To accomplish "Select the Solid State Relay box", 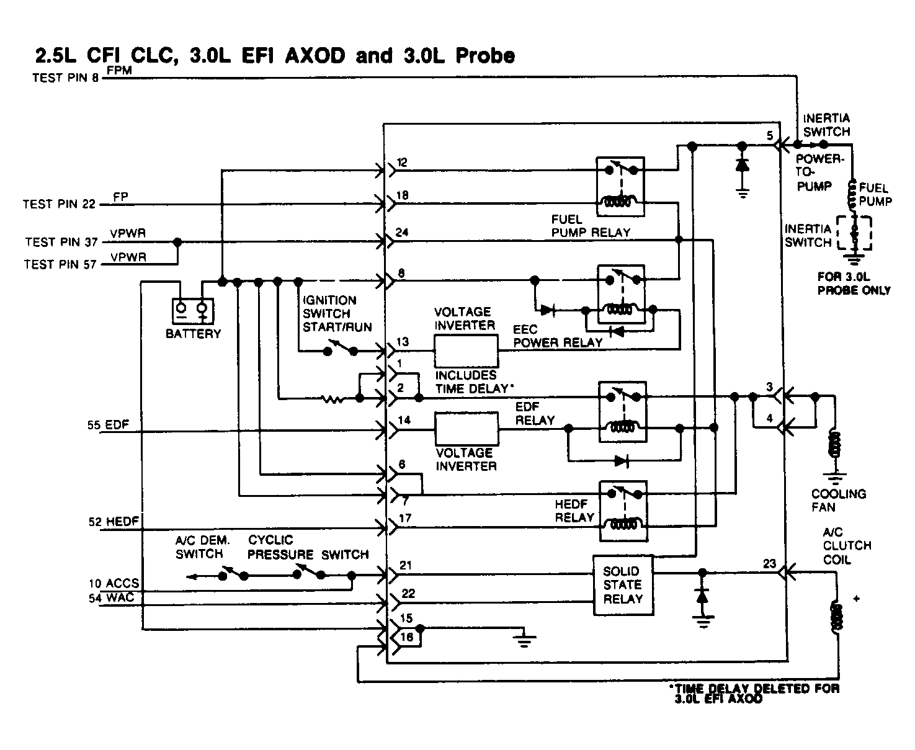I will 623,585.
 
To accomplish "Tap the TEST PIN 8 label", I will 65,78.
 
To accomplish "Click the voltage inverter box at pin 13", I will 465,351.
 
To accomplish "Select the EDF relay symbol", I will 622,412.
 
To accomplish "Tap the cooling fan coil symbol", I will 835,444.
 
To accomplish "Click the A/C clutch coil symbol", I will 836,615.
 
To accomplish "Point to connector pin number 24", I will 402,233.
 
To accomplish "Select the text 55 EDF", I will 108,426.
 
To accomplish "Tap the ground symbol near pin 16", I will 525,639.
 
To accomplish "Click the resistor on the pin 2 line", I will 334,399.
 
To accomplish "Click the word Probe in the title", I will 484,56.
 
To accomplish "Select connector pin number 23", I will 769,564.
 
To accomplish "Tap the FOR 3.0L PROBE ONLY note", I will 854,284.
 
